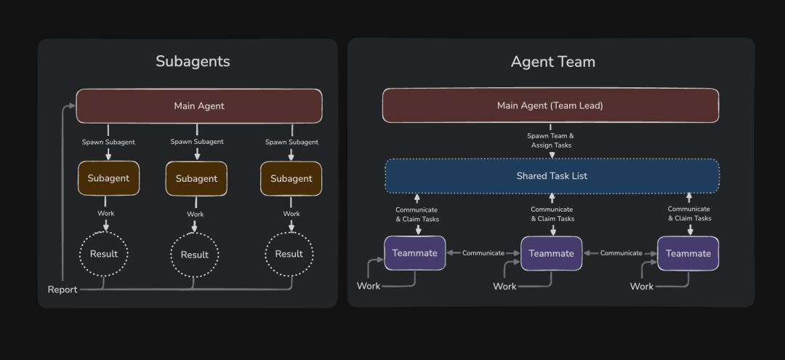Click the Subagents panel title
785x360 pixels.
(x=193, y=62)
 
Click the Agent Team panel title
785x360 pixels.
(x=552, y=62)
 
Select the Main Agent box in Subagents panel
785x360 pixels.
(x=199, y=106)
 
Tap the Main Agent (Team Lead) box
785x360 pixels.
(x=550, y=105)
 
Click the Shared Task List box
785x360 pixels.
(x=552, y=176)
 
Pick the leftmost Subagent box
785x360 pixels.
(x=108, y=178)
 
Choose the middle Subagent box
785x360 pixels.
(x=196, y=179)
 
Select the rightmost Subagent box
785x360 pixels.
(x=291, y=179)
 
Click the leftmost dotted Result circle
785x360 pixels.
(x=103, y=254)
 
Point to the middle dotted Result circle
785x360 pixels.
(x=194, y=255)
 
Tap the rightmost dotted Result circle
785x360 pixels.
(x=289, y=254)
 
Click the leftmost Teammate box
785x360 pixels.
(x=415, y=253)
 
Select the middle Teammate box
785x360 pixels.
(x=551, y=254)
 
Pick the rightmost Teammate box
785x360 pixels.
(x=688, y=254)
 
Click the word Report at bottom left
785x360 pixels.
(x=63, y=289)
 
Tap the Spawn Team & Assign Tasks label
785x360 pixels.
(x=550, y=140)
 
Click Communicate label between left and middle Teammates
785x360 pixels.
(x=483, y=253)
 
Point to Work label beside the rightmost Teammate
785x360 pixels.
(x=642, y=287)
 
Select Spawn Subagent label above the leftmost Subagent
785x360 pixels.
(x=108, y=143)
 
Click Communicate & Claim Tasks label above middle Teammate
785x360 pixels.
(x=552, y=214)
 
